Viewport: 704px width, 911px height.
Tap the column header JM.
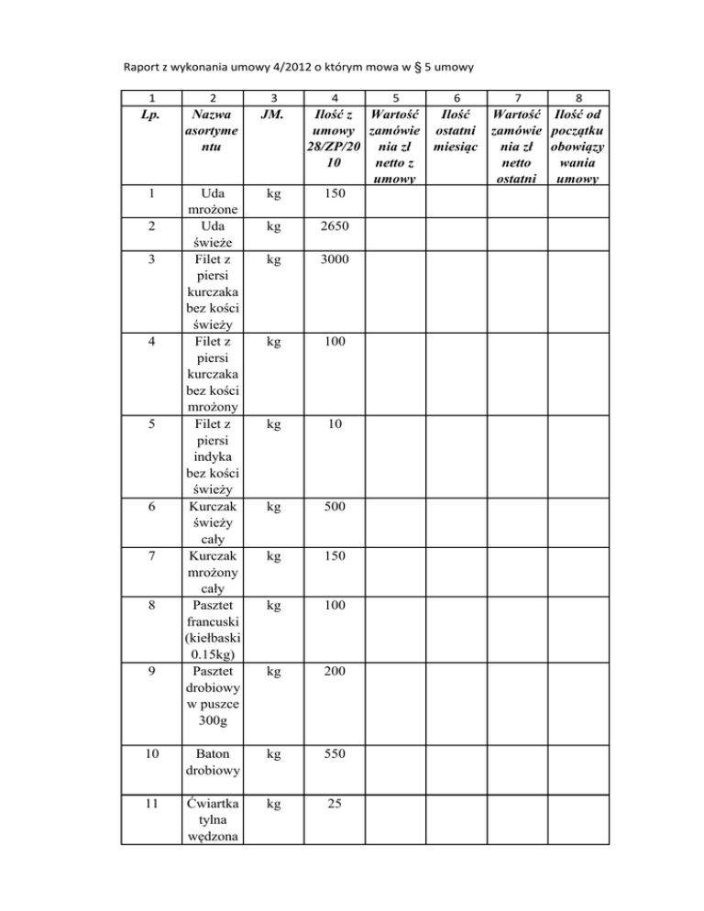click(x=270, y=115)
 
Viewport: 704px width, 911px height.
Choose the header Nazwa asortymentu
click(x=213, y=131)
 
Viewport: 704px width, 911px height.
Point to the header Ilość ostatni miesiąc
click(x=456, y=131)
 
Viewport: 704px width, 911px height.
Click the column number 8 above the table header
click(x=577, y=97)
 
